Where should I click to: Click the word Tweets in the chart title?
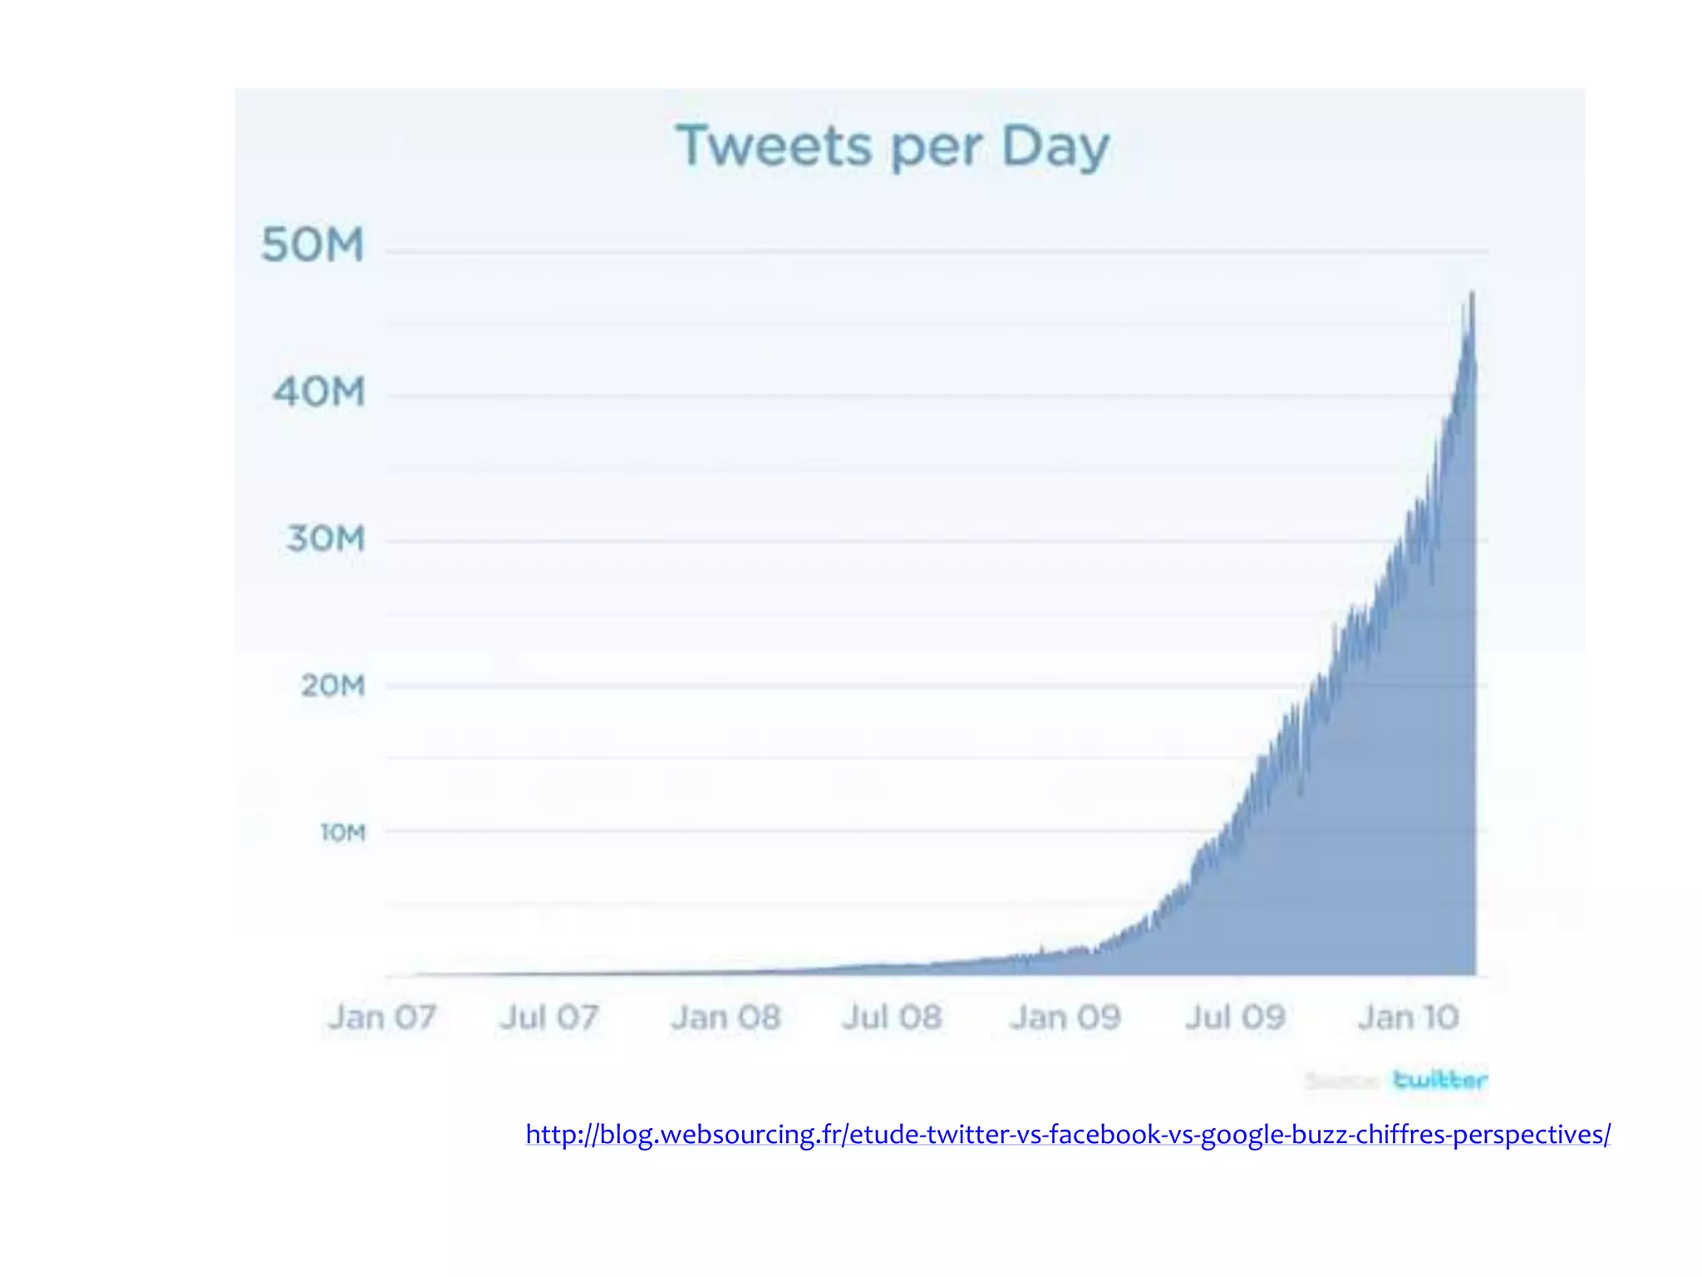coord(774,147)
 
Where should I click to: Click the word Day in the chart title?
coord(1055,147)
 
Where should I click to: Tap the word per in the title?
coord(934,150)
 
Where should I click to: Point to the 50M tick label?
coord(312,245)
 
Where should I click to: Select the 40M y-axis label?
coord(318,392)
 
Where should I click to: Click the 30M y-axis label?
coord(325,539)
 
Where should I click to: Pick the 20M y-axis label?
coord(332,686)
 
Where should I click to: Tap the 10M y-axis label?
coord(342,832)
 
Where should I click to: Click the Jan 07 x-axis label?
coord(381,1017)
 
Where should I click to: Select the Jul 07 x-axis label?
coord(548,1017)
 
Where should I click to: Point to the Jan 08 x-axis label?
coord(726,1017)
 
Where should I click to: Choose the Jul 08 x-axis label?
coord(892,1017)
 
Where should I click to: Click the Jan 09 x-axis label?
coord(1065,1017)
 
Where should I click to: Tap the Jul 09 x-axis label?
coord(1235,1017)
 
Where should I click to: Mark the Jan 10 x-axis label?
coord(1408,1017)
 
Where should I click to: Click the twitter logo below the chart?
coord(1439,1080)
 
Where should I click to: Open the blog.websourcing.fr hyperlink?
coord(1067,1134)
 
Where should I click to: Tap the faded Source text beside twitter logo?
coord(1340,1081)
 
